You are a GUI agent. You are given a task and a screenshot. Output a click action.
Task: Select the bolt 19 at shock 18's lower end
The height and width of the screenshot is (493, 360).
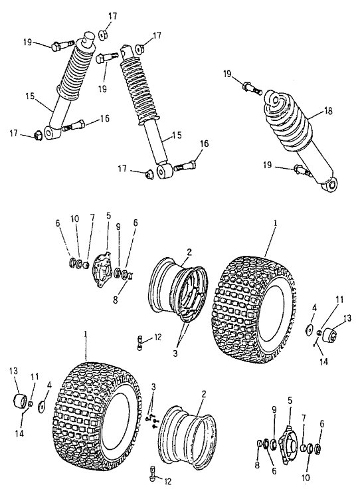click(x=302, y=171)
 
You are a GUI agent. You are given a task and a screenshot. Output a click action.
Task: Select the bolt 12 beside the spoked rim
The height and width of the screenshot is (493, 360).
click(x=140, y=342)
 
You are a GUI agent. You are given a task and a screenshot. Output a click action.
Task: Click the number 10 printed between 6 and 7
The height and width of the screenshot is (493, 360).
click(x=75, y=219)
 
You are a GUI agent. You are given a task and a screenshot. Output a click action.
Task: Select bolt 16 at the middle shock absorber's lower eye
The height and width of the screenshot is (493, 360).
click(x=185, y=164)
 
